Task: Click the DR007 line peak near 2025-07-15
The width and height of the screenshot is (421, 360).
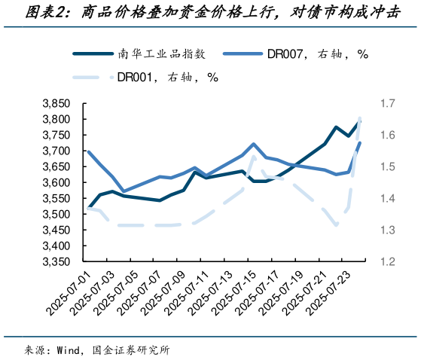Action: tap(254, 144)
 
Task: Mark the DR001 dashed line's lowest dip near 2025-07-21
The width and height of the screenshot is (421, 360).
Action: tap(336, 225)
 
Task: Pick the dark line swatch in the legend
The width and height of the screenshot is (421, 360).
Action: tap(96, 54)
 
